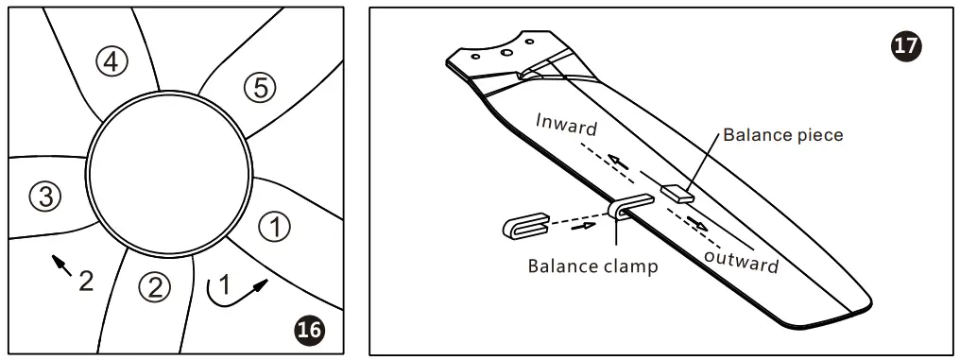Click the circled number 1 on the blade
click(x=275, y=228)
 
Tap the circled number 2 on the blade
click(x=154, y=284)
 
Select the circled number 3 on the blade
click(x=45, y=197)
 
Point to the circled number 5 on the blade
click(x=260, y=88)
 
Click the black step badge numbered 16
click(x=308, y=329)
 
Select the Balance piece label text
click(x=782, y=134)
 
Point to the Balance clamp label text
click(x=592, y=266)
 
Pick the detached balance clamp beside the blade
click(x=526, y=227)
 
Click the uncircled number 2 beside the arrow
click(x=85, y=280)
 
